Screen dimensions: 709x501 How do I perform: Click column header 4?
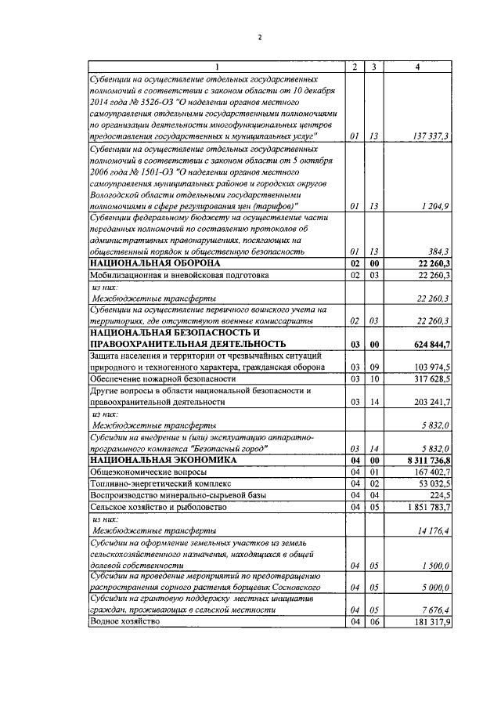417,67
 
